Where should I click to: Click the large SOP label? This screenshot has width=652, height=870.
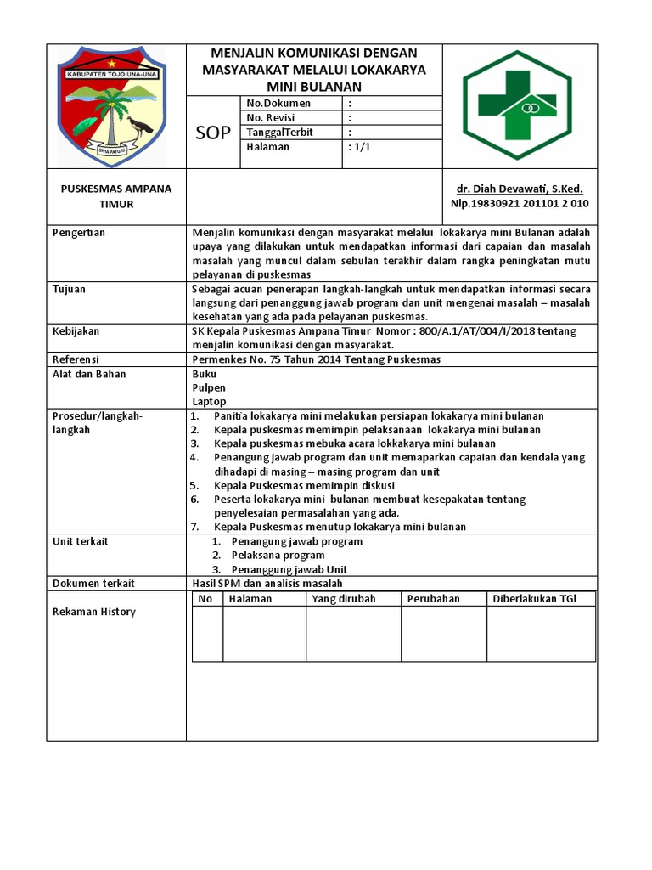click(x=213, y=133)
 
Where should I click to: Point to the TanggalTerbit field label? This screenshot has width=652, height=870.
click(x=279, y=133)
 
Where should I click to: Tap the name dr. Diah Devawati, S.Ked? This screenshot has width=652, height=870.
click(x=520, y=189)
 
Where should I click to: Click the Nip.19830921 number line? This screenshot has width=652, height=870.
click(x=520, y=204)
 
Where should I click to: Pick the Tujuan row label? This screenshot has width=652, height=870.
click(x=69, y=289)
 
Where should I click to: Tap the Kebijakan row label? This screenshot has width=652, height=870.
click(x=76, y=330)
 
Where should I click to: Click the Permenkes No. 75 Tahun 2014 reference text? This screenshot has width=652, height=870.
click(x=317, y=359)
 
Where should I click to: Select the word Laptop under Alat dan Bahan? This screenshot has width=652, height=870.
click(x=209, y=401)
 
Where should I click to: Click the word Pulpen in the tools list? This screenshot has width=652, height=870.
click(x=209, y=387)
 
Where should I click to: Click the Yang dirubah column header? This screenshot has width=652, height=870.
click(x=344, y=599)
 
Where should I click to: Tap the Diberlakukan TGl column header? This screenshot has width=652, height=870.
click(x=534, y=599)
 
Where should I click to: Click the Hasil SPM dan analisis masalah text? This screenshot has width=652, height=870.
click(x=267, y=583)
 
